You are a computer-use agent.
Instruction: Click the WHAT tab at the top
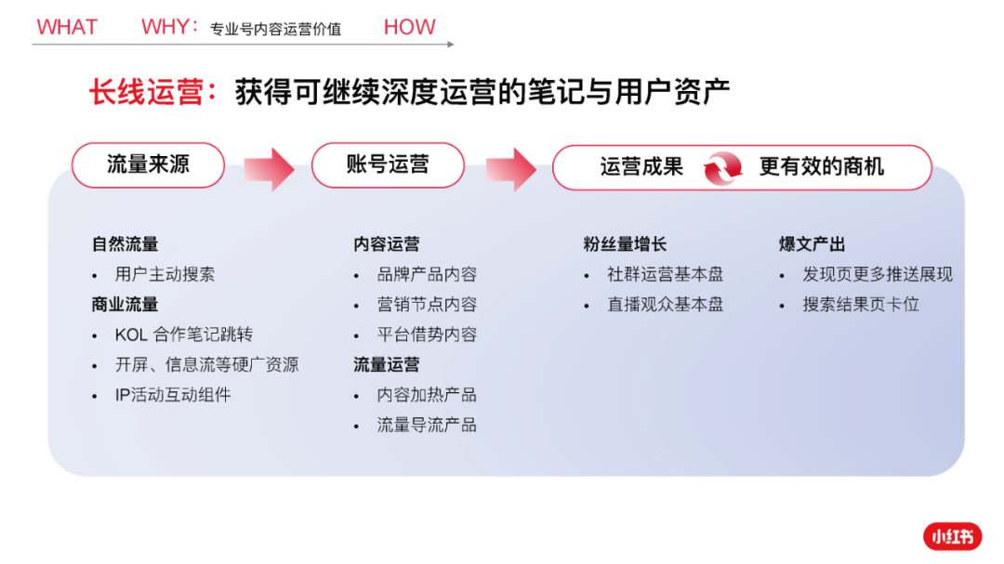click(67, 27)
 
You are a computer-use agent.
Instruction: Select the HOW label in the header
click(409, 27)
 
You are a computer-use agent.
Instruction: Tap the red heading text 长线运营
click(146, 92)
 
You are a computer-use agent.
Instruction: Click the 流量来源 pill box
click(148, 165)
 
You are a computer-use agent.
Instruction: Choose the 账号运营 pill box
click(388, 165)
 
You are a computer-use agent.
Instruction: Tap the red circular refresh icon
click(722, 168)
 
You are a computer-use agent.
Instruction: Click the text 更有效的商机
click(822, 166)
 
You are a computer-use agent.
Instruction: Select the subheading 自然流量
click(125, 244)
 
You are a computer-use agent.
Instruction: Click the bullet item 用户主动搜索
click(165, 274)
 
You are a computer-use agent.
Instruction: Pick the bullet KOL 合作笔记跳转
click(184, 334)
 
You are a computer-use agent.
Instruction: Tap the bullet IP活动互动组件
click(173, 394)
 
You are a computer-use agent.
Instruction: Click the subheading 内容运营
click(386, 244)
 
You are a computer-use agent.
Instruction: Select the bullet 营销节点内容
click(427, 304)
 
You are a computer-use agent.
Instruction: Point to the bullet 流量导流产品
click(427, 425)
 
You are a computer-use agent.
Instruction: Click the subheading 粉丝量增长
click(625, 244)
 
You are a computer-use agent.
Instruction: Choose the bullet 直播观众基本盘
click(666, 304)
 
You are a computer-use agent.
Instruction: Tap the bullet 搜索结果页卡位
click(861, 304)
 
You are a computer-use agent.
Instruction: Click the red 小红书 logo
click(953, 536)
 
